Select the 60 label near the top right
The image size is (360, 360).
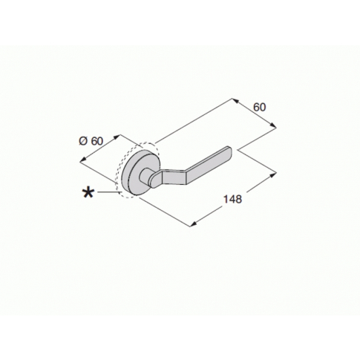(259, 107)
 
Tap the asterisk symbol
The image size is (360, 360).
(88, 192)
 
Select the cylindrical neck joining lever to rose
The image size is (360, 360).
(151, 179)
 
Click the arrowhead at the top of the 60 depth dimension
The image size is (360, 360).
(235, 99)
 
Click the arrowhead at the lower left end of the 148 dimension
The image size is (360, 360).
(192, 222)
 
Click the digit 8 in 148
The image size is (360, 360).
(240, 199)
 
